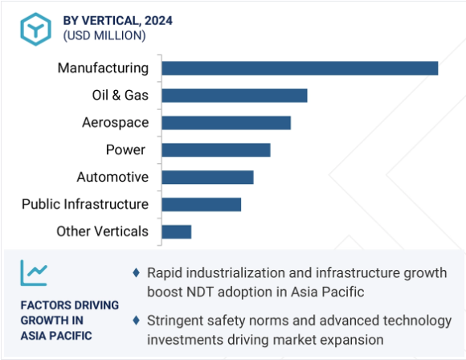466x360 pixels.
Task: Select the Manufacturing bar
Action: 300,68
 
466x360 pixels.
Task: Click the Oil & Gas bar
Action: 235,96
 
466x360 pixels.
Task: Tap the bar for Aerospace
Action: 226,123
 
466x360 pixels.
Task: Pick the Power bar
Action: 216,149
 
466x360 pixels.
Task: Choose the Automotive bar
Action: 208,177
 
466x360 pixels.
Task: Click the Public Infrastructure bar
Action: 202,205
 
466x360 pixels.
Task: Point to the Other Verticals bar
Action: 177,232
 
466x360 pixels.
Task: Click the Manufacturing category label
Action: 103,68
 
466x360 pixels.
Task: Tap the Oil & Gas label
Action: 120,95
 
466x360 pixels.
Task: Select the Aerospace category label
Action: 116,123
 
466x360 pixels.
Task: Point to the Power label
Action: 125,149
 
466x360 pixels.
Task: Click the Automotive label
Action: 112,177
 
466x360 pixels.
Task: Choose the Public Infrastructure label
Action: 85,204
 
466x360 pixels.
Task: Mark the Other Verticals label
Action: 102,231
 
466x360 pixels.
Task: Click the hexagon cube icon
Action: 35,29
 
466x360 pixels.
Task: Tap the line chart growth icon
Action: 34,273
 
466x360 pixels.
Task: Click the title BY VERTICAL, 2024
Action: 117,21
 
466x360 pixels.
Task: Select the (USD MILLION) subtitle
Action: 104,35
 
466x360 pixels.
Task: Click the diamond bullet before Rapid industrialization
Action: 136,272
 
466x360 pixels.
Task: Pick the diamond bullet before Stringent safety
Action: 136,320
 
